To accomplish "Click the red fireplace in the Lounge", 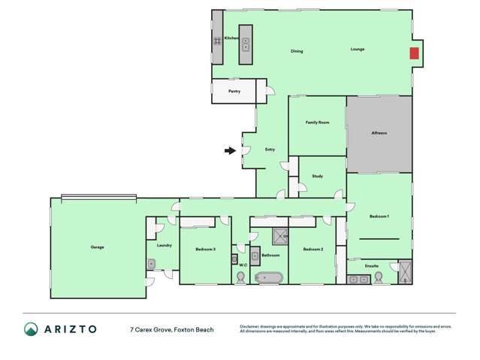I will (414, 53).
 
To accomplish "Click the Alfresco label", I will (379, 133).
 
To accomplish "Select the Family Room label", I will (317, 123).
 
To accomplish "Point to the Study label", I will (317, 177).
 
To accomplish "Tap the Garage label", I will (97, 247).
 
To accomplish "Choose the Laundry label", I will (165, 245).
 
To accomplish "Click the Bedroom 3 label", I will (205, 249).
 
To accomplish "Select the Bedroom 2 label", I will (312, 249).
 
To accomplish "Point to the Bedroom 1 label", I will (379, 216).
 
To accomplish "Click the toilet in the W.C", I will (241, 277).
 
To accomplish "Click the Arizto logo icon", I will (31, 329).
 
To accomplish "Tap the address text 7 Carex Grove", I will (150, 329).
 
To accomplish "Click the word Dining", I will (297, 51).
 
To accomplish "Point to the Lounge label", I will (358, 50).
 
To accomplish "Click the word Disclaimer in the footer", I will (252, 326).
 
